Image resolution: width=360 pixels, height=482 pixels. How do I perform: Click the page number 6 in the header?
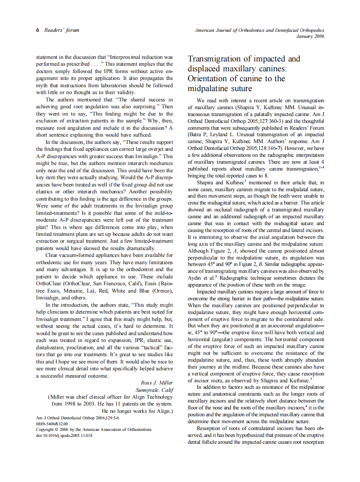37,31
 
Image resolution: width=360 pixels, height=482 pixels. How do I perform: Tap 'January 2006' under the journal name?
310,37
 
